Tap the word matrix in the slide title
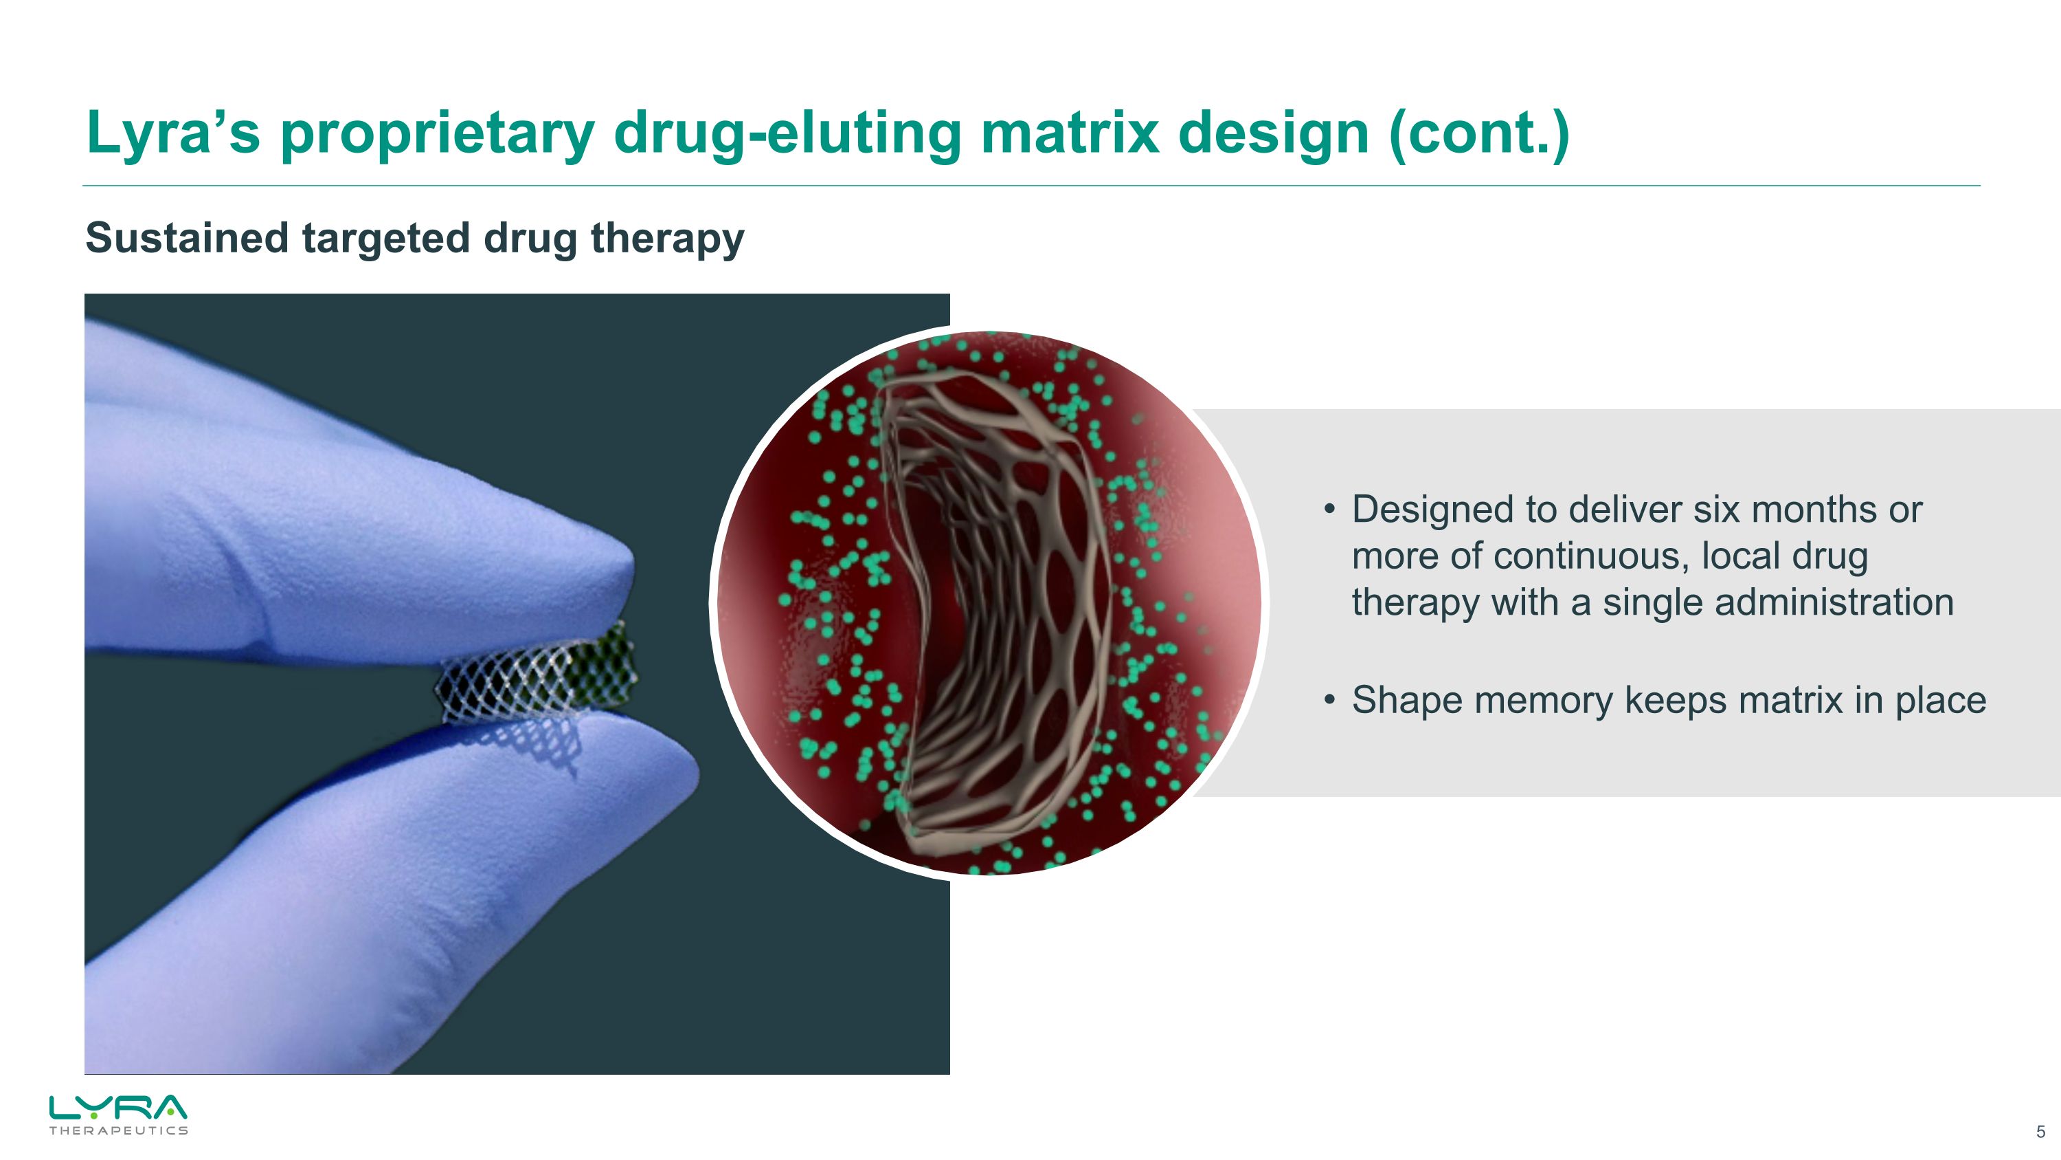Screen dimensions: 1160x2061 point(1069,133)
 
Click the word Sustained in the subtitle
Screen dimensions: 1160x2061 point(188,238)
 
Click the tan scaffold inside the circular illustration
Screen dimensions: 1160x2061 point(1000,609)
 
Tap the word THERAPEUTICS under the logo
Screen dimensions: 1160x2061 point(118,1130)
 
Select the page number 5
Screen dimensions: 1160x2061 point(2040,1132)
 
